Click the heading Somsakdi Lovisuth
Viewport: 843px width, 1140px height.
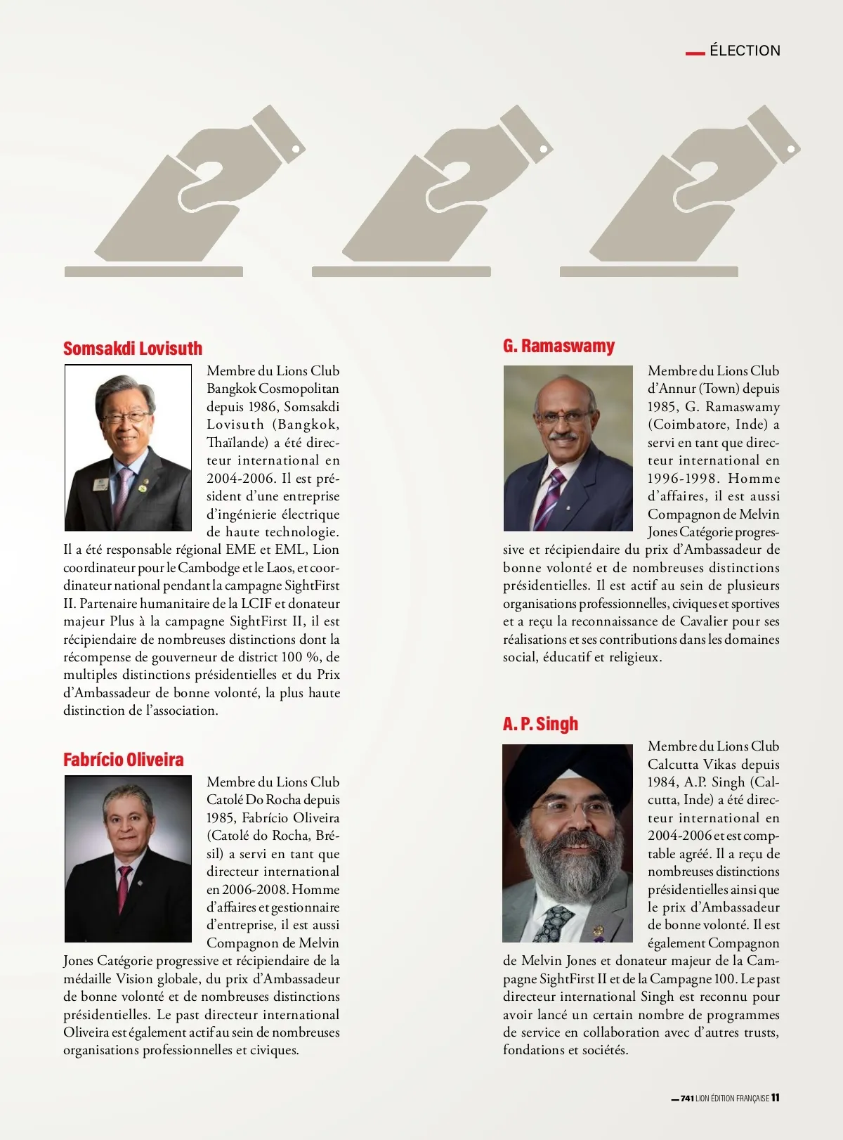click(x=133, y=349)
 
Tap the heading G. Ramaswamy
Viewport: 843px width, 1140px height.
click(x=558, y=346)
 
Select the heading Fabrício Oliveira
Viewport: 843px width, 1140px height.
click(x=124, y=760)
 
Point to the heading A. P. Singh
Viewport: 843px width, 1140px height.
click(x=540, y=724)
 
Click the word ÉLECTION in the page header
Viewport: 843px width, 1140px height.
click(x=745, y=51)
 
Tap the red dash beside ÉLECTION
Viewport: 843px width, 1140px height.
click(x=695, y=52)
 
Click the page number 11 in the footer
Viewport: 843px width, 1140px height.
click(x=776, y=1098)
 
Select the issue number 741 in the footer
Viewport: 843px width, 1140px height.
click(x=687, y=1099)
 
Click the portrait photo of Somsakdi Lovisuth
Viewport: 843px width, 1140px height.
click(x=128, y=448)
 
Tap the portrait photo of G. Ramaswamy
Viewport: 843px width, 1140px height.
click(x=568, y=448)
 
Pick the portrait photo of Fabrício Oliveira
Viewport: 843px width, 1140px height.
click(x=128, y=858)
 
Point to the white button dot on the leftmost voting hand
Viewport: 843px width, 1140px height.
click(x=296, y=149)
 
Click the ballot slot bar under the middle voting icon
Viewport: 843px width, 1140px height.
click(x=401, y=271)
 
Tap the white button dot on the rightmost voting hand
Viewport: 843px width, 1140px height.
click(x=791, y=149)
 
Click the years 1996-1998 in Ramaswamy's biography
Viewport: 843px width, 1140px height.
click(x=679, y=479)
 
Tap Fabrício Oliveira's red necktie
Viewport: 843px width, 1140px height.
click(x=124, y=887)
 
